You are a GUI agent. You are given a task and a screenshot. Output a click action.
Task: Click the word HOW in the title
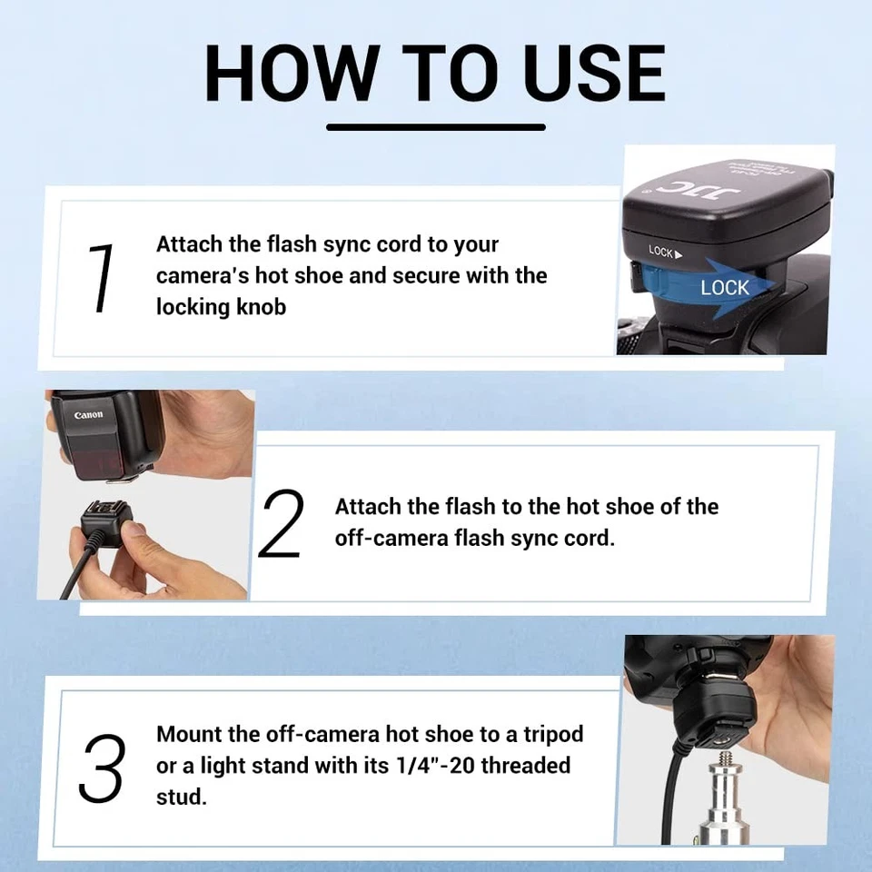(x=290, y=72)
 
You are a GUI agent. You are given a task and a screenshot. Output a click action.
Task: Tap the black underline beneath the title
(x=436, y=126)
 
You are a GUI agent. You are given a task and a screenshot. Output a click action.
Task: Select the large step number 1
(x=102, y=278)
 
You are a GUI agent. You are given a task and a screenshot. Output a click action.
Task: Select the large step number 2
(x=281, y=524)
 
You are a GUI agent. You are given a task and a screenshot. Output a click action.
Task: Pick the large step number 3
(x=101, y=767)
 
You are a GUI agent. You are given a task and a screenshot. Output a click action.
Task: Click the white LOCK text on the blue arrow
(x=724, y=288)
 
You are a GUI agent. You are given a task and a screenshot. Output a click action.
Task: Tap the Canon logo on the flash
(x=89, y=415)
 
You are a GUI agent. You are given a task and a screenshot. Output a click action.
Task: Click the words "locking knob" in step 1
(x=221, y=307)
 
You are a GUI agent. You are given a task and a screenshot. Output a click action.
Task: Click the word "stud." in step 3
(x=182, y=797)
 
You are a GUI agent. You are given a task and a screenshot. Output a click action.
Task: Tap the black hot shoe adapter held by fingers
(x=107, y=526)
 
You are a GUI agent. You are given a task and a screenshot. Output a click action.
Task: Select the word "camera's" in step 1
(x=202, y=276)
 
